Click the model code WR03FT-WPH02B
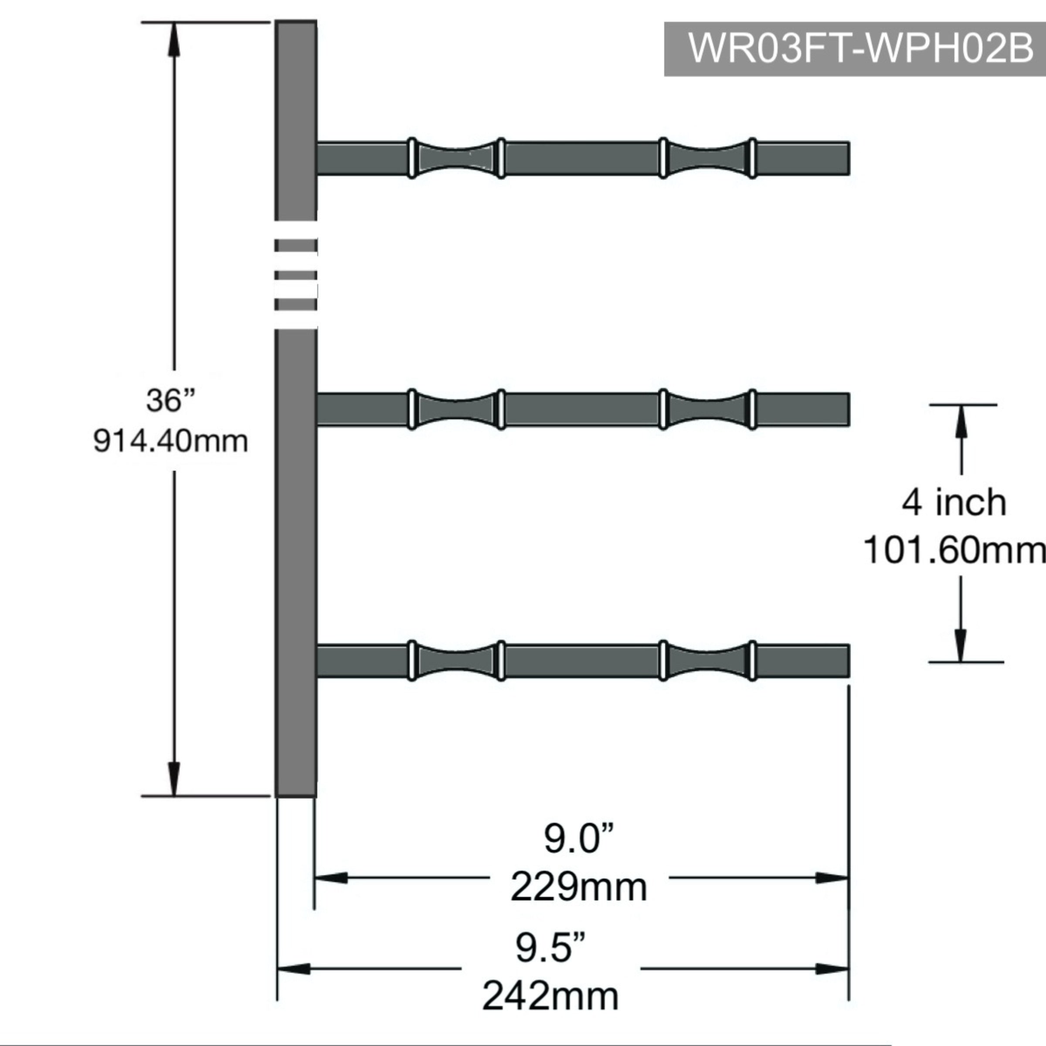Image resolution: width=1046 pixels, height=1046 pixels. pos(860,49)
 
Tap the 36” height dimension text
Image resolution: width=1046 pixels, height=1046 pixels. pos(170,401)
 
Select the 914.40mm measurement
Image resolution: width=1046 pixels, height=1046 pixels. pos(170,441)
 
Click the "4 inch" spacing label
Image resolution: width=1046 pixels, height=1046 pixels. pos(954,503)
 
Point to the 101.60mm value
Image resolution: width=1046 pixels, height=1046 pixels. pos(954,550)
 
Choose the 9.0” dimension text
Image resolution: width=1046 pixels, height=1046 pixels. pos(579,839)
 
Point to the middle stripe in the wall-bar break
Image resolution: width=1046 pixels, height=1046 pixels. pos(295,275)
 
